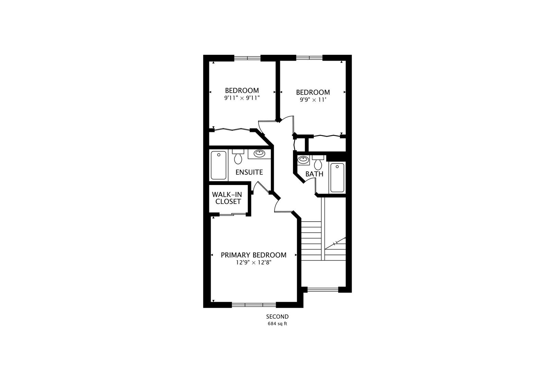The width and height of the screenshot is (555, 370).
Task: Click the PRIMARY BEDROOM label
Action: [254, 255]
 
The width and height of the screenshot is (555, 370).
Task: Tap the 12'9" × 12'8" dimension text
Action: [254, 263]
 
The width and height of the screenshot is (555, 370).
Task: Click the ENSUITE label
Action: [249, 172]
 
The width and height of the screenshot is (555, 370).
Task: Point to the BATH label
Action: [314, 174]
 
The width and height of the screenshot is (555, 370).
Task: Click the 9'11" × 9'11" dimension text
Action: [242, 98]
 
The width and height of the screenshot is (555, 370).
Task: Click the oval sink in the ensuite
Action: [259, 153]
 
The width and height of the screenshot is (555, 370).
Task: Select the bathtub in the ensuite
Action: [218, 165]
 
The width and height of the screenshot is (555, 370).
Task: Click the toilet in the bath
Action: [318, 163]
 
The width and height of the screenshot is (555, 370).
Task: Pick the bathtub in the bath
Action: [337, 177]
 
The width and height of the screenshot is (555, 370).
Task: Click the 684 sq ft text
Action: [277, 324]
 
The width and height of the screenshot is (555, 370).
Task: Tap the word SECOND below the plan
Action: [277, 317]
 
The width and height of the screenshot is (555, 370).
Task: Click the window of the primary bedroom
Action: [254, 305]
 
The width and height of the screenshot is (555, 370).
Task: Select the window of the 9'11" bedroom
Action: [247, 58]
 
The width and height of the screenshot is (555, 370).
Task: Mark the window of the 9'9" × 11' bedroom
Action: [309, 58]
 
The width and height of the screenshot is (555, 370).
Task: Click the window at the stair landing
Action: [322, 289]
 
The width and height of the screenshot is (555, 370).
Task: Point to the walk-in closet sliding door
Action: [232, 214]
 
